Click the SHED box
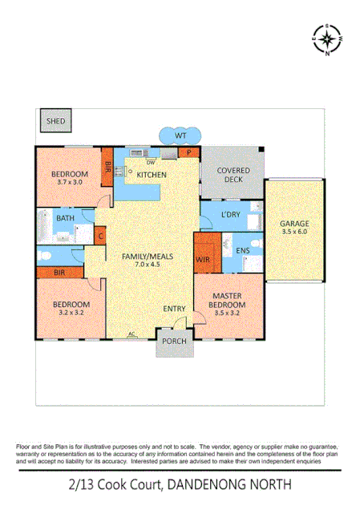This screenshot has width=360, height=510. point(56,122)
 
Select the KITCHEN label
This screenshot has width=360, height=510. point(151,174)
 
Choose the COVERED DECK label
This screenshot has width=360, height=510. point(233,176)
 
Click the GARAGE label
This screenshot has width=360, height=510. point(294,223)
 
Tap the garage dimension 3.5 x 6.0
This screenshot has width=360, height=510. point(294,232)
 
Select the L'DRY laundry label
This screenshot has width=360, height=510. point(232,214)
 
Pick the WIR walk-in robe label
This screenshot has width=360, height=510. point(204,260)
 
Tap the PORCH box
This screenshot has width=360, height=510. point(174,342)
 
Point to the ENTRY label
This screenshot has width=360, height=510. point(174,308)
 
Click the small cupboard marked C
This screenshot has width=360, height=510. point(100,235)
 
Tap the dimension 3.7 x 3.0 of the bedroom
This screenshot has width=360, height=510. point(69,183)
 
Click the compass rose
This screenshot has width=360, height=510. point(327,38)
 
